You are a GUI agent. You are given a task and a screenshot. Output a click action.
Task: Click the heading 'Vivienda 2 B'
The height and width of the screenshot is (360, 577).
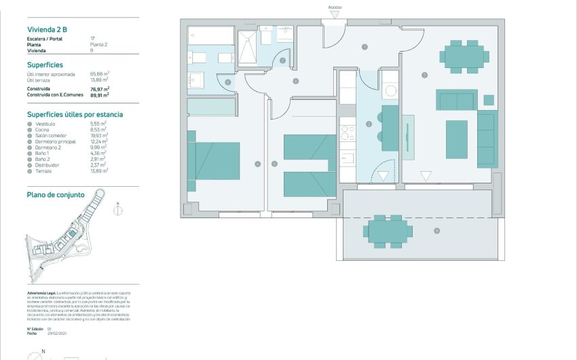pyautogui.click(x=47, y=29)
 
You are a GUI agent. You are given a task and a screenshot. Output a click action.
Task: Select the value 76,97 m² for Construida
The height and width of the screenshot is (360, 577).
pyautogui.click(x=100, y=88)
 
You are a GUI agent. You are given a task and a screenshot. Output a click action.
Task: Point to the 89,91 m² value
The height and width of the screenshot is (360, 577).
pyautogui.click(x=100, y=96)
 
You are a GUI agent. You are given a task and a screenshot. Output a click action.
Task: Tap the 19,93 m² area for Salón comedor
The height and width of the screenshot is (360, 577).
pyautogui.click(x=100, y=136)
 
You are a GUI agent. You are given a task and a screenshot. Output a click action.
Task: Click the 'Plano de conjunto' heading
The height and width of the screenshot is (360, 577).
pyautogui.click(x=56, y=194)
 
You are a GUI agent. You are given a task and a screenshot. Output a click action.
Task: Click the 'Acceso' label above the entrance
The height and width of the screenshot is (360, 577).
pyautogui.click(x=335, y=7)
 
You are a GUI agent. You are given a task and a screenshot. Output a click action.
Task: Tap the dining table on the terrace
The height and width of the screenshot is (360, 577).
pyautogui.click(x=388, y=231)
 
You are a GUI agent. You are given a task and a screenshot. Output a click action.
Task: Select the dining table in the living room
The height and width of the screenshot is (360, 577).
pyautogui.click(x=464, y=55)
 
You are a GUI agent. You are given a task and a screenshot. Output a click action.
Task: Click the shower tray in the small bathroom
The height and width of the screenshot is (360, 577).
pyautogui.click(x=247, y=46)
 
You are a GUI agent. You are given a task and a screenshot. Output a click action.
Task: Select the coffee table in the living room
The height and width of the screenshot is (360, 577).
pyautogui.click(x=456, y=139)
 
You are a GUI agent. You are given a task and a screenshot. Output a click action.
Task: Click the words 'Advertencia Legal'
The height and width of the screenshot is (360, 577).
pyautogui.click(x=41, y=293)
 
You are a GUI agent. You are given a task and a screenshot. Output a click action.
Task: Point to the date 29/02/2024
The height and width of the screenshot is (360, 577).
pyautogui.click(x=58, y=334)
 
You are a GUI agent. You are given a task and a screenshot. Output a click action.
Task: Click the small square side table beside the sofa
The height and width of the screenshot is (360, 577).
pyautogui.click(x=488, y=100)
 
